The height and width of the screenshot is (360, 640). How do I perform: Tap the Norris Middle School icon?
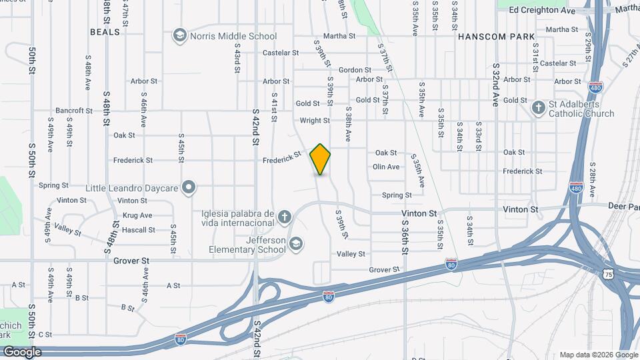(x=179, y=35)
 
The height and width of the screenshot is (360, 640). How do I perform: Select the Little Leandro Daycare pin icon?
(x=189, y=187)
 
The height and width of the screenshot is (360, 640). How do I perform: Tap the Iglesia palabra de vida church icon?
(x=285, y=217)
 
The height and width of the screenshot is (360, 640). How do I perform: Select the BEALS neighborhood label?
(x=105, y=31)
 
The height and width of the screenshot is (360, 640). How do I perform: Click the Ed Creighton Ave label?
(x=541, y=11)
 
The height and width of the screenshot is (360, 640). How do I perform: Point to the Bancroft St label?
(x=74, y=110)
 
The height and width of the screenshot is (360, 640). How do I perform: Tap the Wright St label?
(x=315, y=121)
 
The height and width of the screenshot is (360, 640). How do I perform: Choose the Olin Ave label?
(x=386, y=167)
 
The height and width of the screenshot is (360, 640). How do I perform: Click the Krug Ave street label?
(x=137, y=215)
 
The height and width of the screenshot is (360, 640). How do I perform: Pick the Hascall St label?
(x=139, y=230)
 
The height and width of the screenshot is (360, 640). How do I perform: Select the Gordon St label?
(x=355, y=70)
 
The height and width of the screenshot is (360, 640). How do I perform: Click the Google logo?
(x=22, y=352)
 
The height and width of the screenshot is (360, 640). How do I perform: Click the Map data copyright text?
(x=599, y=355)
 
